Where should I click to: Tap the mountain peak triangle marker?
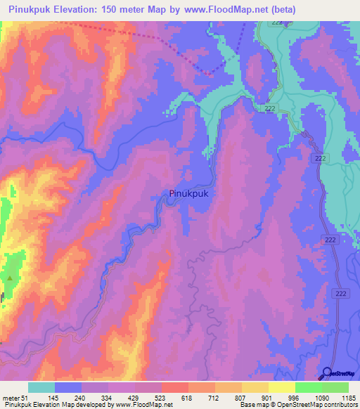[10, 278]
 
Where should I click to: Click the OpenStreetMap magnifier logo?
[327, 373]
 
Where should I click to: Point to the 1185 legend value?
[349, 397]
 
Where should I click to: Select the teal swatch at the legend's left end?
[41, 387]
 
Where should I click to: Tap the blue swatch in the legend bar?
[68, 387]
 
